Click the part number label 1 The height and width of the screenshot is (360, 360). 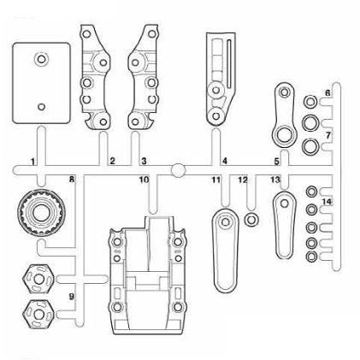click(x=33, y=162)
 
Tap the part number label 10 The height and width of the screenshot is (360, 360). click(x=144, y=180)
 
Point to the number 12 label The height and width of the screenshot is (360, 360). click(x=243, y=180)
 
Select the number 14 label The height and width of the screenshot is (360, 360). click(x=327, y=202)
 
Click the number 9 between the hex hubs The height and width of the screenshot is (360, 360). click(x=72, y=297)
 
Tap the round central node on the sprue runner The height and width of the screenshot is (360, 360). click(x=178, y=170)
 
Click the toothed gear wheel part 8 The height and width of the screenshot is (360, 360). click(x=41, y=212)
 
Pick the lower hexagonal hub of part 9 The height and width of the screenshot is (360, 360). click(x=38, y=314)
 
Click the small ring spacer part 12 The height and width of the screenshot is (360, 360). click(x=251, y=220)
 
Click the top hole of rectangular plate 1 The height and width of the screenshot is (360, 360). click(x=41, y=59)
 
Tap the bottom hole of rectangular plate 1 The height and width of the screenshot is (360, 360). click(x=41, y=107)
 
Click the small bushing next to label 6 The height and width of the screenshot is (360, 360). click(x=310, y=102)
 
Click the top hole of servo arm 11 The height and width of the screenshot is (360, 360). click(x=226, y=221)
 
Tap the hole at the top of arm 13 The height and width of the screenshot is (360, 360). click(x=284, y=204)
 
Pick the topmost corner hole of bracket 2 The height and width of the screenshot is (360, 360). click(x=86, y=34)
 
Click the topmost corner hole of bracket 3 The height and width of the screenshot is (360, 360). click(x=151, y=33)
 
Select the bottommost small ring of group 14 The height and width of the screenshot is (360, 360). click(x=311, y=257)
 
